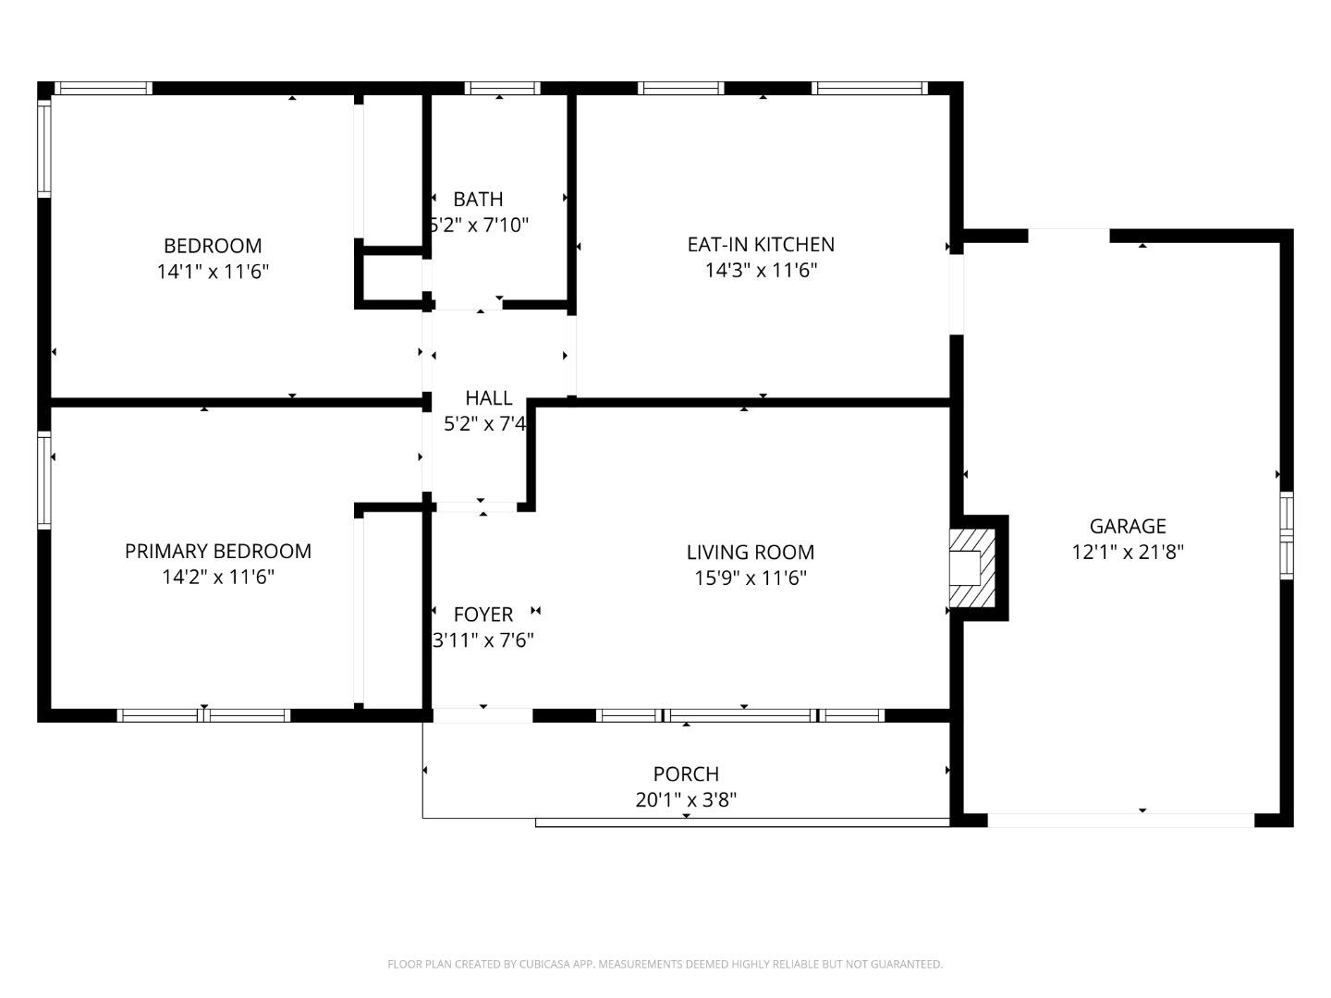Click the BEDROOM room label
tap(213, 246)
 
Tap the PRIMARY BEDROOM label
tap(218, 551)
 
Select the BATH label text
tap(478, 199)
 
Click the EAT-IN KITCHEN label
tap(761, 244)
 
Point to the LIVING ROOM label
tap(751, 553)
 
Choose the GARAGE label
tap(1128, 526)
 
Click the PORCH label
tap(686, 773)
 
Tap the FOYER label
tap(483, 615)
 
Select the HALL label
tap(488, 398)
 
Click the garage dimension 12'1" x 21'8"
tap(1128, 552)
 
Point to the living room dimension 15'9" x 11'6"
tap(751, 578)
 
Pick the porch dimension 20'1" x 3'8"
tap(686, 799)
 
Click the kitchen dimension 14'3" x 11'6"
tap(761, 270)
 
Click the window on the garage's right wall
tap(1286, 536)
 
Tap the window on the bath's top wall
tap(502, 89)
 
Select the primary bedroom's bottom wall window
tap(204, 715)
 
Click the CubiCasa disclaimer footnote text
tap(665, 964)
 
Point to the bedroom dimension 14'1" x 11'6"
tap(213, 272)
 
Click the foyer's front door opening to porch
tap(482, 715)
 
